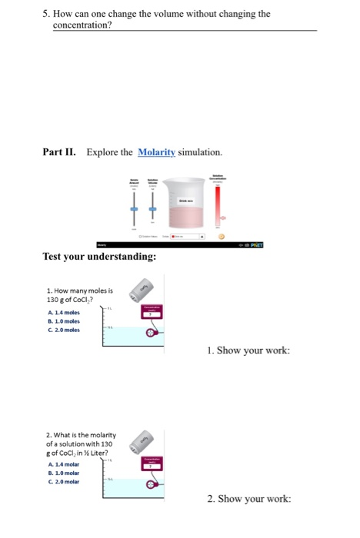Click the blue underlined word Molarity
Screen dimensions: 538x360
(x=156, y=152)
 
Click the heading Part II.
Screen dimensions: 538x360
(x=58, y=152)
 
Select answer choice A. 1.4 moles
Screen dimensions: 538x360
(x=64, y=312)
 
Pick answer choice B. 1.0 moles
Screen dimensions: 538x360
(x=64, y=321)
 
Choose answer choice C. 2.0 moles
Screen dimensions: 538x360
(x=64, y=330)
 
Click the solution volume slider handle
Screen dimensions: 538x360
(x=152, y=209)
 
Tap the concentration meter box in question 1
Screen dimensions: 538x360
(x=152, y=311)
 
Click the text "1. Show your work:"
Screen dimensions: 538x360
(x=248, y=350)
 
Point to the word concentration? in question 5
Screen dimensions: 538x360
(x=82, y=25)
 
